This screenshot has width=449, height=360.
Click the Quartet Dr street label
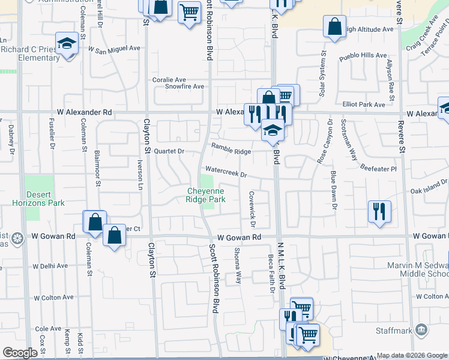(x=169, y=151)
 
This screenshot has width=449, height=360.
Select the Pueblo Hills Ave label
(x=363, y=55)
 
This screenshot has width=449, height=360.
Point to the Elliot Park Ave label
(x=363, y=104)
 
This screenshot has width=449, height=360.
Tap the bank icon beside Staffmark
(x=421, y=330)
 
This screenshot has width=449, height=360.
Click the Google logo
(x=20, y=353)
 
